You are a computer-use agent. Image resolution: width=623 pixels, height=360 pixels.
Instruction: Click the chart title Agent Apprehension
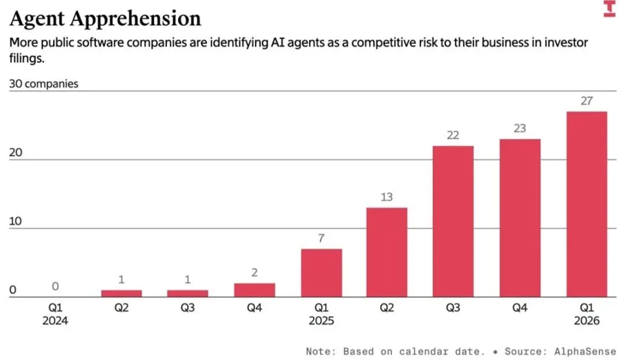click(x=106, y=18)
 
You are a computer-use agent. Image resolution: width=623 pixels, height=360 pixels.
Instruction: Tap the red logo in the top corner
click(x=609, y=9)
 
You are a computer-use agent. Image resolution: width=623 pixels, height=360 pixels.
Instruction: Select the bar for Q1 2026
click(x=586, y=204)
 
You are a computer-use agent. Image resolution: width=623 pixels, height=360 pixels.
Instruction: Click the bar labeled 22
click(x=453, y=222)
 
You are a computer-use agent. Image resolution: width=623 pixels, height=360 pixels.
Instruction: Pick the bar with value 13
click(x=386, y=252)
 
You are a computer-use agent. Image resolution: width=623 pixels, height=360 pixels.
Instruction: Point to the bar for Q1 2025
click(x=321, y=273)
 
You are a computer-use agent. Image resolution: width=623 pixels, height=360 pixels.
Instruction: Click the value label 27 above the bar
click(x=586, y=101)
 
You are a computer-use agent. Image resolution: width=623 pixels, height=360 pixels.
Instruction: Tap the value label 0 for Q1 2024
click(x=55, y=287)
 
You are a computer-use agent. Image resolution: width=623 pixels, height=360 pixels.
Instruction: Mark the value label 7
click(x=321, y=238)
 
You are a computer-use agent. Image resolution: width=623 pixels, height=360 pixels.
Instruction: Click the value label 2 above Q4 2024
click(x=254, y=273)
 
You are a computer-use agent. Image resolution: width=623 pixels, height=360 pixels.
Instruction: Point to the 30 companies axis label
click(x=43, y=84)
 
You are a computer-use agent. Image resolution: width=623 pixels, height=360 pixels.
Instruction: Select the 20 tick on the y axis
click(x=16, y=152)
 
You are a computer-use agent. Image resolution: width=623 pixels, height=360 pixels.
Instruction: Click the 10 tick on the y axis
click(x=16, y=222)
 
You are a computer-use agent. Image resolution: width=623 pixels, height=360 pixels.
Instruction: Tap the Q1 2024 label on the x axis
click(x=55, y=314)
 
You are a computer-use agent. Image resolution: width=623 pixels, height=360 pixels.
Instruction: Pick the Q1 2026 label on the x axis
click(x=586, y=314)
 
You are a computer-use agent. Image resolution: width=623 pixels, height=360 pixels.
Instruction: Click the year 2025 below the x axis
click(x=321, y=321)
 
